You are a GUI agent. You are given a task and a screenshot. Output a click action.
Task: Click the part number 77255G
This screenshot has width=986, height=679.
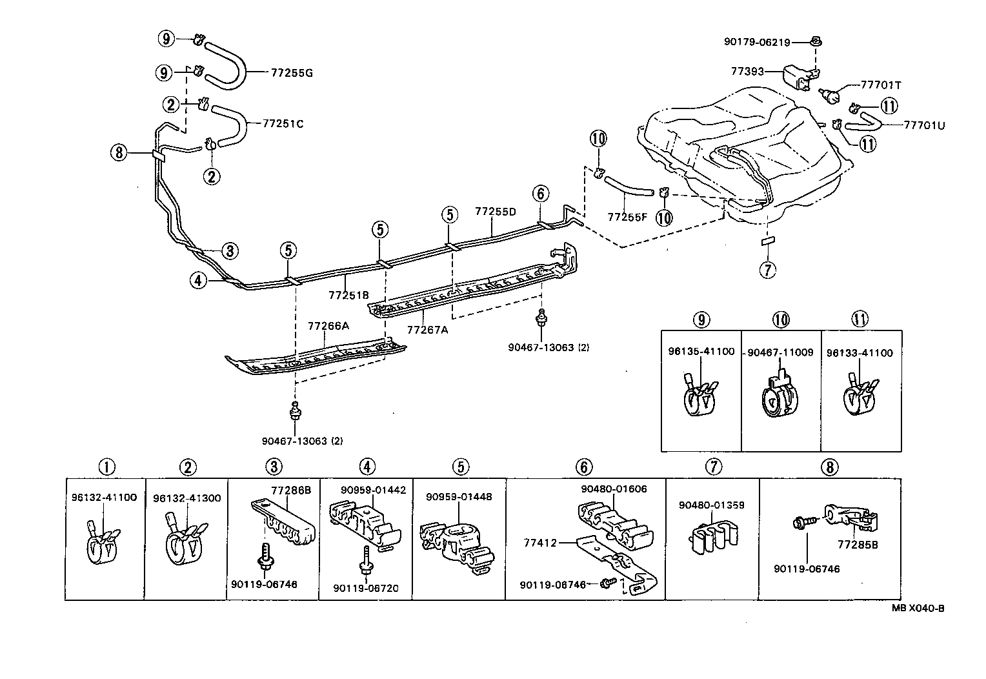pyautogui.click(x=292, y=73)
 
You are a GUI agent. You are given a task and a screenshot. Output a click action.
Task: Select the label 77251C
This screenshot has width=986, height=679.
pyautogui.click(x=283, y=124)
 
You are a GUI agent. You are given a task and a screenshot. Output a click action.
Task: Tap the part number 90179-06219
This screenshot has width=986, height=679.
pyautogui.click(x=757, y=42)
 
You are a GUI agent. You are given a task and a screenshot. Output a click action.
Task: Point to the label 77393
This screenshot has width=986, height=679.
pyautogui.click(x=747, y=72)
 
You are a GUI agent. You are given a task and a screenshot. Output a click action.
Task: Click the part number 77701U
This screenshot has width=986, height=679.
pyautogui.click(x=924, y=125)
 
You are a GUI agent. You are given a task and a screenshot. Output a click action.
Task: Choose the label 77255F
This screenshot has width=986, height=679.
pyautogui.click(x=627, y=217)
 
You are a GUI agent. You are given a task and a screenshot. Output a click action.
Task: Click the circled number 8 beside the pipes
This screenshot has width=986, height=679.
pyautogui.click(x=118, y=153)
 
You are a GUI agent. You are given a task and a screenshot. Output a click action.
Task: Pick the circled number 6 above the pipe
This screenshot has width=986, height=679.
pyautogui.click(x=541, y=194)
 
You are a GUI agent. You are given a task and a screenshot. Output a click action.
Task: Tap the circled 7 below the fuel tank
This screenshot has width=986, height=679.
pyautogui.click(x=768, y=270)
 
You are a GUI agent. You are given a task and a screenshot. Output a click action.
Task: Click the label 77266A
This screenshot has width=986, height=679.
pyautogui.click(x=328, y=326)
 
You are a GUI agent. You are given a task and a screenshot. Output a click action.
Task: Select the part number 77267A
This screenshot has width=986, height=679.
pyautogui.click(x=427, y=330)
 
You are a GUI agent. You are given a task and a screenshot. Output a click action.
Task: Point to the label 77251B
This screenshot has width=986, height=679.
pyautogui.click(x=348, y=295)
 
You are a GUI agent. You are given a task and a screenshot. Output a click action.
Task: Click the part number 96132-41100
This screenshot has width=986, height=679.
pyautogui.click(x=105, y=498)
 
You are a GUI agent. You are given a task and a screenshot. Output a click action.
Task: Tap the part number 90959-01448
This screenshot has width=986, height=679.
pyautogui.click(x=459, y=497)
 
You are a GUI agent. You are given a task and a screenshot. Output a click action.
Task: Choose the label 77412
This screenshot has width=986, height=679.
pyautogui.click(x=540, y=543)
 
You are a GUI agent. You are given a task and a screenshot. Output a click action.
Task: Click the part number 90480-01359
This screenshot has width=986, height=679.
pyautogui.click(x=711, y=505)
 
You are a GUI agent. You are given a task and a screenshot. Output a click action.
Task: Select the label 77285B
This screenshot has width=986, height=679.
pyautogui.click(x=858, y=545)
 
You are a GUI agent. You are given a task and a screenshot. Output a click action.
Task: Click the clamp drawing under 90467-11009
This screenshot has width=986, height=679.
pyautogui.click(x=780, y=394)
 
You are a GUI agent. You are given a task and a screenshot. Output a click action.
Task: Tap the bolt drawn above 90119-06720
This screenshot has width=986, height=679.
pyautogui.click(x=367, y=561)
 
